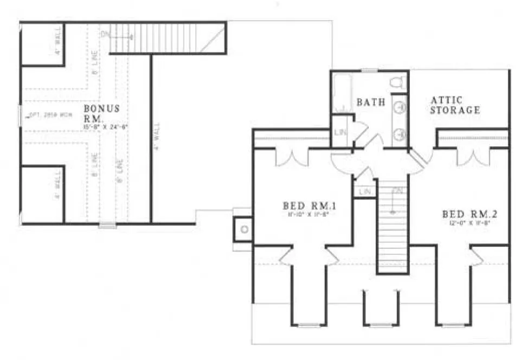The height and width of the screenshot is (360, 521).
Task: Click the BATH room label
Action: point(371,101)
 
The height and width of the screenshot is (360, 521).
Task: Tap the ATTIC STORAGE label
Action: point(455,105)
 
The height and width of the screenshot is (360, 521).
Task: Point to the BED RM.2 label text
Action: point(469,214)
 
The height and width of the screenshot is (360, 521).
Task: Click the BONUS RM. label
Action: point(101,113)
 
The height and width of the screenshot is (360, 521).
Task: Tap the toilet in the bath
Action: point(398,82)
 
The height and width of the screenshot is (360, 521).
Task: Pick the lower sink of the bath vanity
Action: point(401,133)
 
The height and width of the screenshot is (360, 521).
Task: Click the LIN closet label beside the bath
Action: point(340,133)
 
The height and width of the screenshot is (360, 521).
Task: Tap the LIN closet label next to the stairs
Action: point(364,191)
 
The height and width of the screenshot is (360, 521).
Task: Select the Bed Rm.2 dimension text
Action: point(469,223)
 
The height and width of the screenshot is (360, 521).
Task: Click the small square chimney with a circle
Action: point(244,228)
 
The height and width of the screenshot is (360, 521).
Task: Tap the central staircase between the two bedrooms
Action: point(393,228)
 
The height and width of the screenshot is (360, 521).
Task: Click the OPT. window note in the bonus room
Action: point(43,115)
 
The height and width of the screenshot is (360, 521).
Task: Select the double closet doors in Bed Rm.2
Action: point(470,157)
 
